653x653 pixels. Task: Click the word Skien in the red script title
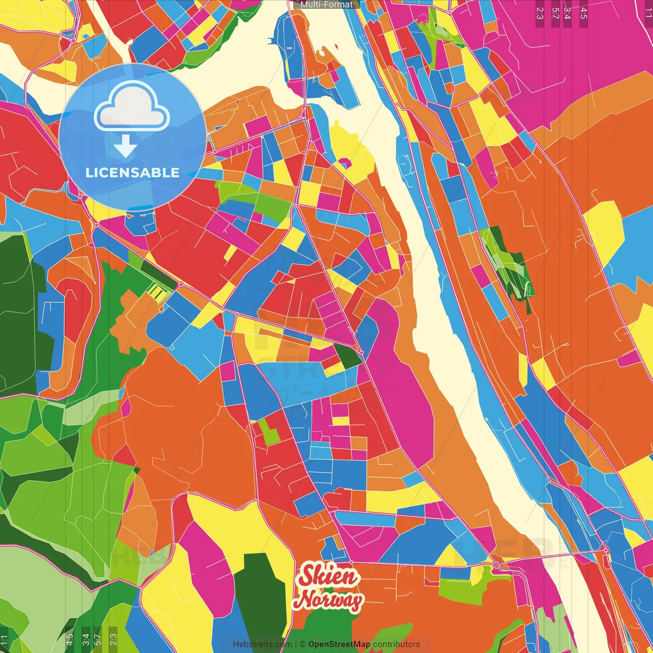[329, 576]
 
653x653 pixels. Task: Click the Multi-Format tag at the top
[326, 5]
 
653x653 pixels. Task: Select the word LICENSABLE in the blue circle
[132, 172]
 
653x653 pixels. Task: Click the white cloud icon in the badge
[132, 108]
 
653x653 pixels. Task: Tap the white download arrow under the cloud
[125, 146]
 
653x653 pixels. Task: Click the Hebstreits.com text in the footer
[262, 644]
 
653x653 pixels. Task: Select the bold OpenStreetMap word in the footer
[339, 644]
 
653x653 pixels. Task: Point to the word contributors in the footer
[396, 644]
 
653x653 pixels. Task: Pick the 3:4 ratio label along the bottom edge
[85, 639]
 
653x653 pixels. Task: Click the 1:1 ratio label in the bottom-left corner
[5, 639]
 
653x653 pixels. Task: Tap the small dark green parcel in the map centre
[348, 356]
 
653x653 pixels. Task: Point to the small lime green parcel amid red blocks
[269, 432]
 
